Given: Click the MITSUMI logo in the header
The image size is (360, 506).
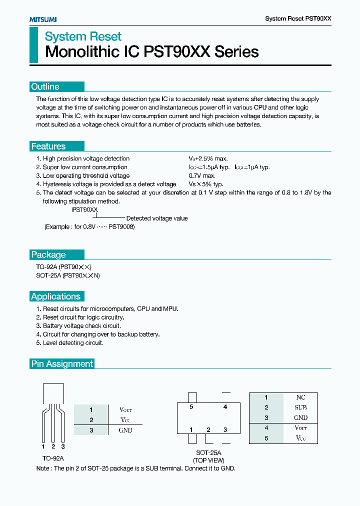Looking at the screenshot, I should coord(42,19).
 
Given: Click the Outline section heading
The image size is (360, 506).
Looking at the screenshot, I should coord(45,86).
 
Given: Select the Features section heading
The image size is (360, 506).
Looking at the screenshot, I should coord(48,146).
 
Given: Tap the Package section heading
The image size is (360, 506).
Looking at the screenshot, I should coord(48,254).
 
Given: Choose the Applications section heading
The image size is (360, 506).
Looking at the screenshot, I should coord(56,296).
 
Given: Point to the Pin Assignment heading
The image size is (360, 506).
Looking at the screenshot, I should coord(62,364).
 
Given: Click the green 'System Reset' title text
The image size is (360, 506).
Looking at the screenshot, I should coord(83,36).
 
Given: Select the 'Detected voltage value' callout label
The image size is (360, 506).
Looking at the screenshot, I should coord(157,218).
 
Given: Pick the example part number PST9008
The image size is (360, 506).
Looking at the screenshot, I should coord(121,226).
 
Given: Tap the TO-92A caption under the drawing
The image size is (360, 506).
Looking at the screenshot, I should coord(53,458).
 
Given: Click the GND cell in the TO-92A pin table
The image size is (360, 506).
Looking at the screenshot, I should coord(125,430).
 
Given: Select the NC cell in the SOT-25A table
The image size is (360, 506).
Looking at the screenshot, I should coord(301,397).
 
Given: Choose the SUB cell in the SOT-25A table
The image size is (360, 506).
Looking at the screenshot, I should coord(301,407).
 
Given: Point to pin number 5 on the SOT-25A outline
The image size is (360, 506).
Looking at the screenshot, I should coord(191,407).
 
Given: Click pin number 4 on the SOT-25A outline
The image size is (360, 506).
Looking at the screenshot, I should coord(225,407).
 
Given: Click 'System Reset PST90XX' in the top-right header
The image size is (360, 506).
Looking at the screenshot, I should coord(298,18).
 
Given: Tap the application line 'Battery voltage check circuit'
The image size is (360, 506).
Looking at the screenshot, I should coord(81,326).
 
